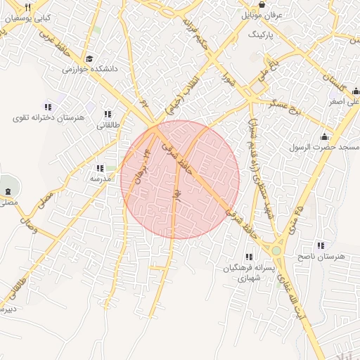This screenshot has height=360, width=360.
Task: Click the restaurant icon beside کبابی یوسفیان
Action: (x=27, y=6)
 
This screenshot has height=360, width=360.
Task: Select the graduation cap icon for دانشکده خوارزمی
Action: (x=89, y=59)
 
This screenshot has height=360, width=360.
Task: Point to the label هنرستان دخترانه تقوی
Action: (x=46, y=117)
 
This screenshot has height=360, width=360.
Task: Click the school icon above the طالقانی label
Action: (x=108, y=113)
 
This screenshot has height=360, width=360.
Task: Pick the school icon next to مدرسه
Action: (x=99, y=168)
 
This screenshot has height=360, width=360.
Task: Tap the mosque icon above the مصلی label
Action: (x=8, y=191)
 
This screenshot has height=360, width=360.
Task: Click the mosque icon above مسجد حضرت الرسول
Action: (x=324, y=136)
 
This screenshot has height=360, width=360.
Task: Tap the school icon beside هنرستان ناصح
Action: (x=321, y=245)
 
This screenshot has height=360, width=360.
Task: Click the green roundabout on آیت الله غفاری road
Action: (x=277, y=250)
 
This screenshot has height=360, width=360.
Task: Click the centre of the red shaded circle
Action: (x=180, y=179)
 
